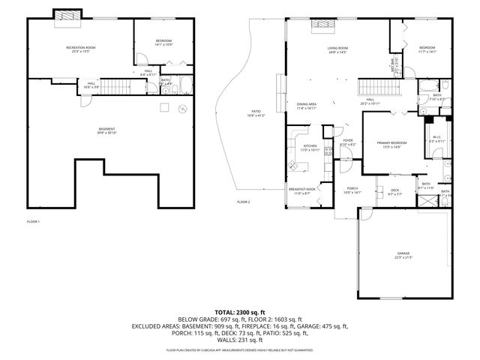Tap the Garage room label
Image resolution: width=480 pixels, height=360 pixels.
tap(403, 255)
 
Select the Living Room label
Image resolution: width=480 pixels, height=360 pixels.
tap(337, 49)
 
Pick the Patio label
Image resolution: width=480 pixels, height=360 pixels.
tap(256, 112)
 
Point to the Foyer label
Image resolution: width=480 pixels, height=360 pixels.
tap(348, 140)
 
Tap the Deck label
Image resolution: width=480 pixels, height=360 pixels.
tap(395, 190)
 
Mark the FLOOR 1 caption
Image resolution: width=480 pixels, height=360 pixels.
tap(33, 221)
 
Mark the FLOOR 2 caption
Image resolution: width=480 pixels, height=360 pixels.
tap(243, 202)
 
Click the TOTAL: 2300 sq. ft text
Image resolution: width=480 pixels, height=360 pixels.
tap(240, 311)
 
